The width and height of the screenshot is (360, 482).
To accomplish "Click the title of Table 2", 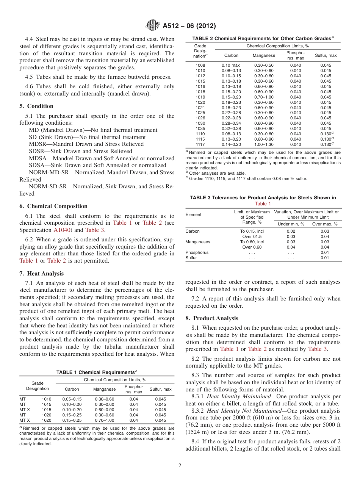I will [263, 38].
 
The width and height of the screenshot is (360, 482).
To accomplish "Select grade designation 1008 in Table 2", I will [200, 65].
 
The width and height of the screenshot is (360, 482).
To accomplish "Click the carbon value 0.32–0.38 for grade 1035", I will [231, 128].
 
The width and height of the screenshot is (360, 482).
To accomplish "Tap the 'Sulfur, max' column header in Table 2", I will [326, 55].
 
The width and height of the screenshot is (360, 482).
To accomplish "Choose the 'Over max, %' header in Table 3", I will [325, 224].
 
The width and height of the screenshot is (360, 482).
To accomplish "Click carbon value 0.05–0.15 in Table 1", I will [72, 399].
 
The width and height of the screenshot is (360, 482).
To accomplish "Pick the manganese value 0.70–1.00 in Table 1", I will [104, 420].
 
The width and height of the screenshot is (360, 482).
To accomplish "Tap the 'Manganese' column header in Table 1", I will [104, 389].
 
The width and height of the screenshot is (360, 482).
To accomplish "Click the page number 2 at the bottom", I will [180, 466].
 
